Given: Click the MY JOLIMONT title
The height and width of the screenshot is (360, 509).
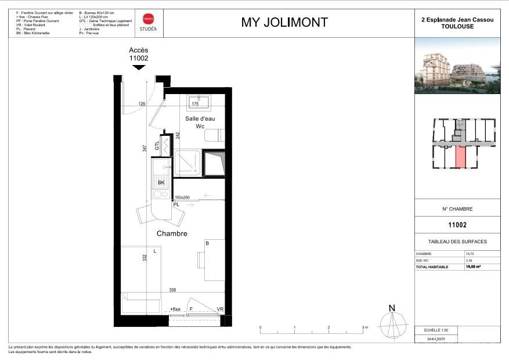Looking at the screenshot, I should (x=284, y=23).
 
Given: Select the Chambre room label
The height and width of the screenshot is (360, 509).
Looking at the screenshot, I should (x=172, y=233).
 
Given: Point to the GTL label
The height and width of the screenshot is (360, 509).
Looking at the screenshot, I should (x=157, y=146).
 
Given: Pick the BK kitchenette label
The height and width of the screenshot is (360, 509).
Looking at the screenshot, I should (x=161, y=183).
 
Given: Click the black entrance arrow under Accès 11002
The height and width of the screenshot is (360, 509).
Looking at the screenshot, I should (x=138, y=67).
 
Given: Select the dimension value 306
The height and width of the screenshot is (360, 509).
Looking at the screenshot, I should (x=172, y=290).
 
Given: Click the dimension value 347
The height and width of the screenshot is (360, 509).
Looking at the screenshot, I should (x=145, y=149).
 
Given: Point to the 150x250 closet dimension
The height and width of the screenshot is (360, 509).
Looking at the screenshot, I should (x=182, y=197).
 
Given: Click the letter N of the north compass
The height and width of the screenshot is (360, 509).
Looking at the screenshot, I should (x=392, y=308).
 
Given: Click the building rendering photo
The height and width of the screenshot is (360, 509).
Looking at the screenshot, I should (x=461, y=70).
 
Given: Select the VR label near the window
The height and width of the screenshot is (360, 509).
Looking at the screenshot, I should (x=220, y=309).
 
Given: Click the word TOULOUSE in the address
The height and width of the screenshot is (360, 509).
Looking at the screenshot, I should (x=457, y=26).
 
